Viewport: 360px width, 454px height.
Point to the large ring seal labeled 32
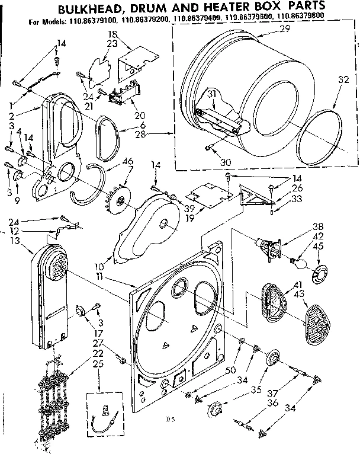tap(319, 138)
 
